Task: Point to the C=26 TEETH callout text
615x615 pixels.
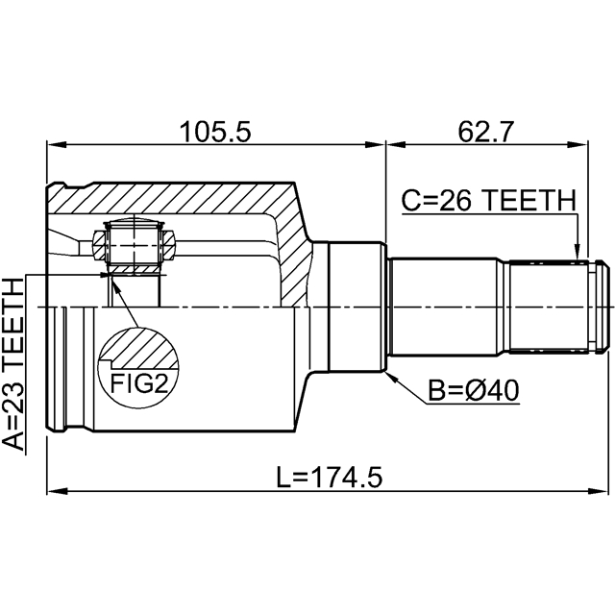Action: (488, 201)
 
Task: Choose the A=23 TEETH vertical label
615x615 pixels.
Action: (12, 364)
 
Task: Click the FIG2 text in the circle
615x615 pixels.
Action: (135, 385)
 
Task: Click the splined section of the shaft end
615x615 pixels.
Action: (548, 305)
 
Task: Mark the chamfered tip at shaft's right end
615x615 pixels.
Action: (602, 305)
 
